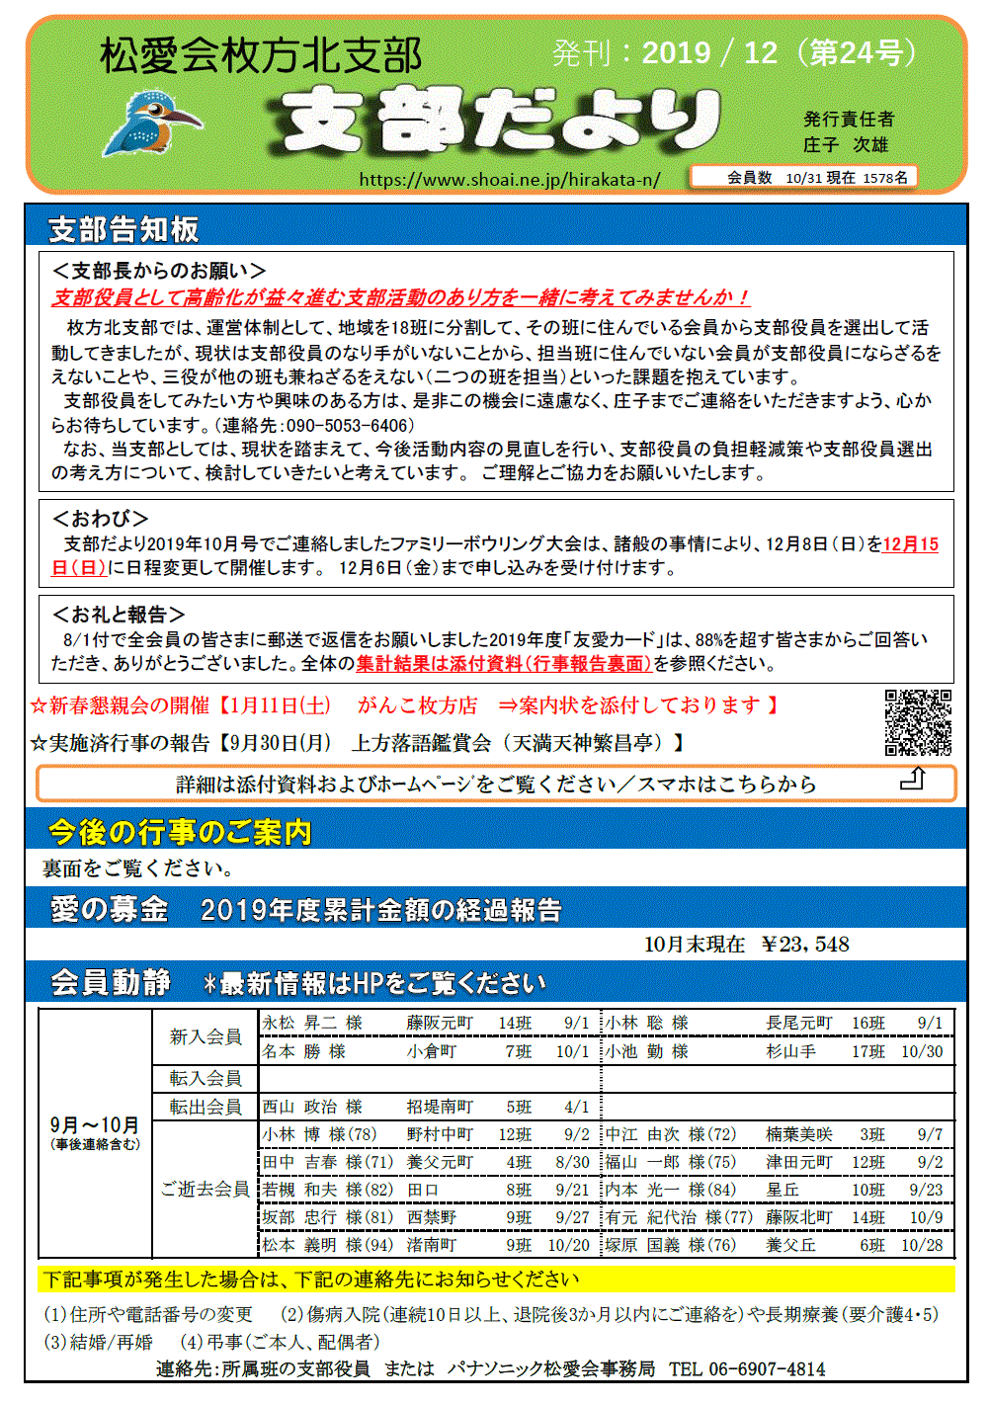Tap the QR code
pos(918,722)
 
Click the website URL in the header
pos(509,179)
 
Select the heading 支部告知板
pos(124,229)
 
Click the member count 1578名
pos(885,178)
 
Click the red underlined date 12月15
pos(911,543)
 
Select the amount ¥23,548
pos(805,945)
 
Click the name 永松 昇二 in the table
pos(300,1023)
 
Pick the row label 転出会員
pos(206,1107)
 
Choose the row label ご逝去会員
pos(206,1189)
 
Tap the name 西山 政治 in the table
pos(300,1107)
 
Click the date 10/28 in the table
pos(922,1245)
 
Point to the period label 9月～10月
pos(95,1125)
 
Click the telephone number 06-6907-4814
pos(767,1368)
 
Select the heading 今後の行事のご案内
pos(180,832)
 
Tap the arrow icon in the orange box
pos(913,779)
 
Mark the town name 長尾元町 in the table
pos(799,1023)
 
